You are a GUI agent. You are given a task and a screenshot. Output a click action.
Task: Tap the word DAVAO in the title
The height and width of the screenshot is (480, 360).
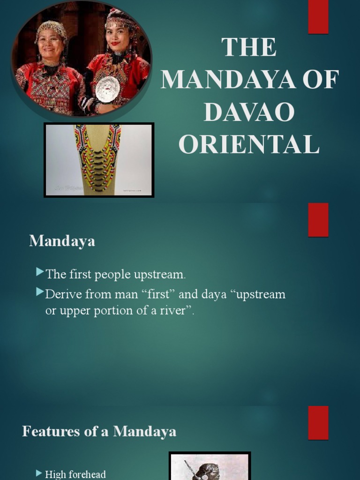tap(249, 112)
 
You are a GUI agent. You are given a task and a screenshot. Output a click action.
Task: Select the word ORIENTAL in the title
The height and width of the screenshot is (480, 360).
tap(249, 144)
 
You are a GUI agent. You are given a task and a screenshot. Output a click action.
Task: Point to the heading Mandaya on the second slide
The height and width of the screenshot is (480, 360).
tap(62, 241)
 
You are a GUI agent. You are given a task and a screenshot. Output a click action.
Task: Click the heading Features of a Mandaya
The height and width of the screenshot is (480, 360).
tap(99, 431)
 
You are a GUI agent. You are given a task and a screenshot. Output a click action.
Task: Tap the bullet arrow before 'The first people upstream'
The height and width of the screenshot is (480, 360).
tap(40, 272)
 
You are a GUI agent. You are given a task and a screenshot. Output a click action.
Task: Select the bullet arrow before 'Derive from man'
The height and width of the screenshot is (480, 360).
tap(40, 292)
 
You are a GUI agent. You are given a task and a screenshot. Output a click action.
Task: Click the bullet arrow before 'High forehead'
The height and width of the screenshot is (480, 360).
tap(39, 473)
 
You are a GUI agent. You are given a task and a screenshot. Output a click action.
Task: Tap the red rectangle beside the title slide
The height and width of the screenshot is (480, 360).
tap(318, 17)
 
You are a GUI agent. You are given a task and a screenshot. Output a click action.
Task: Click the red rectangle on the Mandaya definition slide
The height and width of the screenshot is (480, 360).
tap(318, 219)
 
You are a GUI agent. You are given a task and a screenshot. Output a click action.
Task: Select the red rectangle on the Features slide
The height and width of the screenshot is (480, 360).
tap(318, 422)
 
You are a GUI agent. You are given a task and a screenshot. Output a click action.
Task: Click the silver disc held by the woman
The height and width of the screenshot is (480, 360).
tap(107, 89)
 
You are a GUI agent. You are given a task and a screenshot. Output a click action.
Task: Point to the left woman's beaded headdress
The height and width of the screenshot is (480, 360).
tap(51, 29)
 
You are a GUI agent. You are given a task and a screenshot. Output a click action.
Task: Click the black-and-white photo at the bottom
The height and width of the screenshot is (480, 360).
tap(210, 466)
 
